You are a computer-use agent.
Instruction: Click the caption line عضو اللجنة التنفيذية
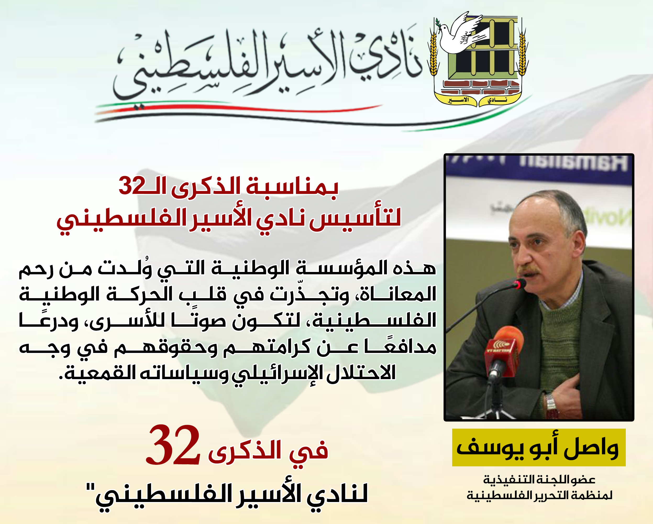click(539, 480)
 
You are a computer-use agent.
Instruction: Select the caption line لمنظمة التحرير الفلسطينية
click(539, 495)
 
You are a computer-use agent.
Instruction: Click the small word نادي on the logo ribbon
click(497, 100)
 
